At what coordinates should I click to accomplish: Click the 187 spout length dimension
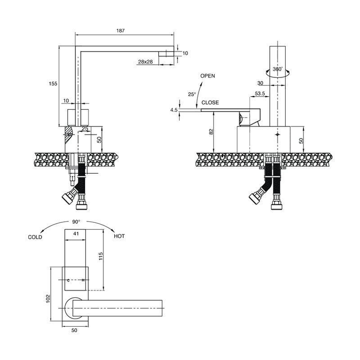[x=120, y=31]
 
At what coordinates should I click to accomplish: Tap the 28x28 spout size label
[x=145, y=62]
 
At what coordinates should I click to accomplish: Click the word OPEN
[x=208, y=76]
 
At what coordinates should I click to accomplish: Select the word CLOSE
[x=210, y=103]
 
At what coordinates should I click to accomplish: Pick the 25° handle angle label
[x=192, y=94]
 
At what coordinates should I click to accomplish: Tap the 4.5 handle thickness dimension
[x=174, y=110]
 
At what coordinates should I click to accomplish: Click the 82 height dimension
[x=211, y=131]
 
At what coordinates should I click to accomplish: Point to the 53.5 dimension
[x=260, y=94]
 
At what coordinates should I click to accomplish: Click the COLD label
[x=35, y=237]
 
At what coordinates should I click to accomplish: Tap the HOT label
[x=119, y=236]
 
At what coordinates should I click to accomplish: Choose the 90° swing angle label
[x=76, y=222]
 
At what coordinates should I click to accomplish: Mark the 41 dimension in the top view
[x=76, y=234]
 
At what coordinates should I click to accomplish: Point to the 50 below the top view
[x=74, y=330]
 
